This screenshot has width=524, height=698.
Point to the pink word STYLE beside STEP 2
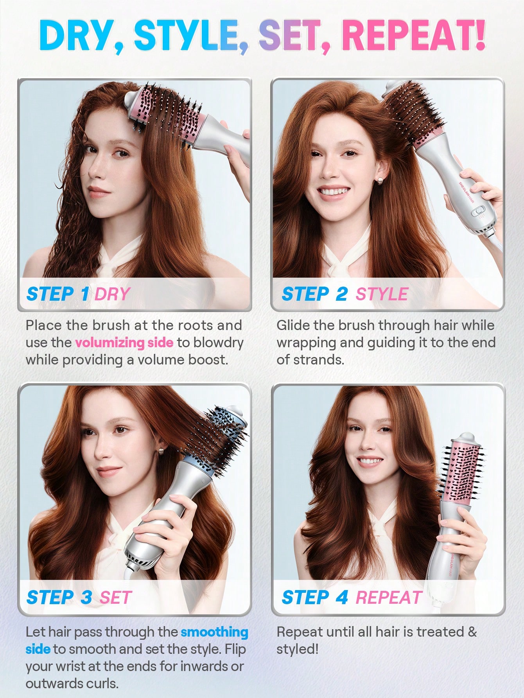coord(382,294)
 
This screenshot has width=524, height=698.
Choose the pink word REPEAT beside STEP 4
coord(389,598)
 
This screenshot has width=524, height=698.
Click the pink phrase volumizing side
coord(124,343)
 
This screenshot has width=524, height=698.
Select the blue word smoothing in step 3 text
coord(214,632)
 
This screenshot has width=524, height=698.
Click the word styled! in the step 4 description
coord(298,650)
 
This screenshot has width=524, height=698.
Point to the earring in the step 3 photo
coord(161,451)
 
